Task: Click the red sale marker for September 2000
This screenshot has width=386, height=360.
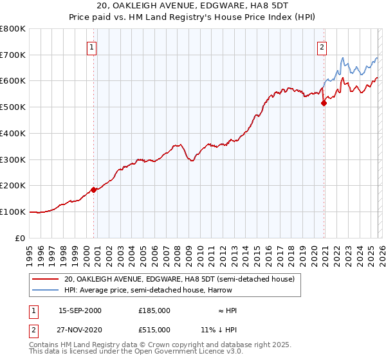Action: tap(94, 189)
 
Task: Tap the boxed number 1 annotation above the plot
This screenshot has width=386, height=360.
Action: tap(92, 46)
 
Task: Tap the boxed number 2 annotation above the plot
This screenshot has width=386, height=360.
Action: tap(321, 46)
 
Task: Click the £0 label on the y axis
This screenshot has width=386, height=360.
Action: tap(21, 238)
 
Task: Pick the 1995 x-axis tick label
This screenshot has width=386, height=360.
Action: tap(30, 250)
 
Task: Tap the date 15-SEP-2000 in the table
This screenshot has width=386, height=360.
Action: tap(80, 310)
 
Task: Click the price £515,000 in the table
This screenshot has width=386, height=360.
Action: tap(154, 329)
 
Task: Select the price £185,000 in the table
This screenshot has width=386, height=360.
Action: tap(154, 310)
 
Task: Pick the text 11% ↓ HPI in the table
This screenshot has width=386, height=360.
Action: tap(218, 329)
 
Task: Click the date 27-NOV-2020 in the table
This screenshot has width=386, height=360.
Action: tap(80, 329)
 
